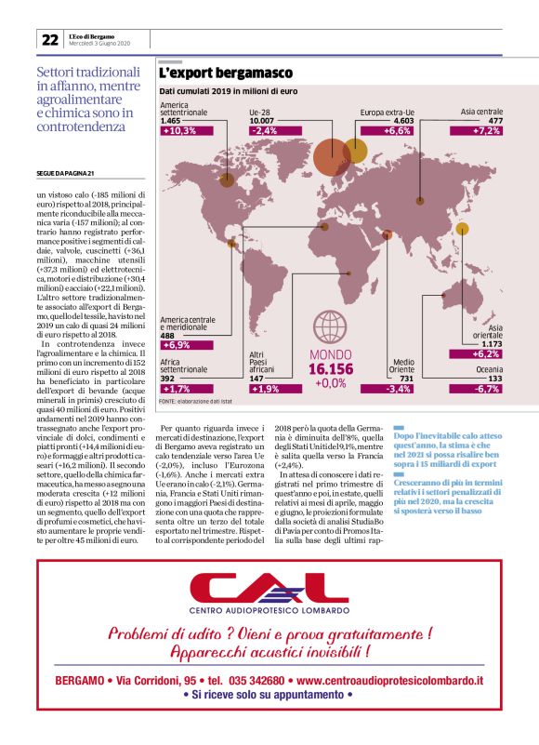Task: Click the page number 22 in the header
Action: pyautogui.click(x=49, y=40)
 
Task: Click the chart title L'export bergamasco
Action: pyautogui.click(x=226, y=73)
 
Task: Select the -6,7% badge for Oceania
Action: pyautogui.click(x=490, y=388)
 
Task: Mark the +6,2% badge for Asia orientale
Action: pyautogui.click(x=490, y=353)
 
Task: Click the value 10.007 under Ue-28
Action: pyautogui.click(x=261, y=121)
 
